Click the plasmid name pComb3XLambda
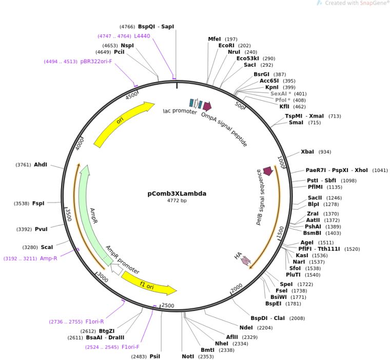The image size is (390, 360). click(x=177, y=194)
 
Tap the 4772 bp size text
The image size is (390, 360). click(x=177, y=201)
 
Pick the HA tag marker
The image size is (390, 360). click(x=245, y=261)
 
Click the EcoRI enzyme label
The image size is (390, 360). click(x=226, y=46)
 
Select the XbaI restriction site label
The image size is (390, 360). click(x=307, y=152)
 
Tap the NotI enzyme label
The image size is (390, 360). click(x=188, y=356)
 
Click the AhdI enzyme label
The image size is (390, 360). click(x=41, y=165)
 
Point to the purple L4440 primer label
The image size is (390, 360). click(x=142, y=36)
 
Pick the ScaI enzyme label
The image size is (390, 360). click(x=47, y=248)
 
